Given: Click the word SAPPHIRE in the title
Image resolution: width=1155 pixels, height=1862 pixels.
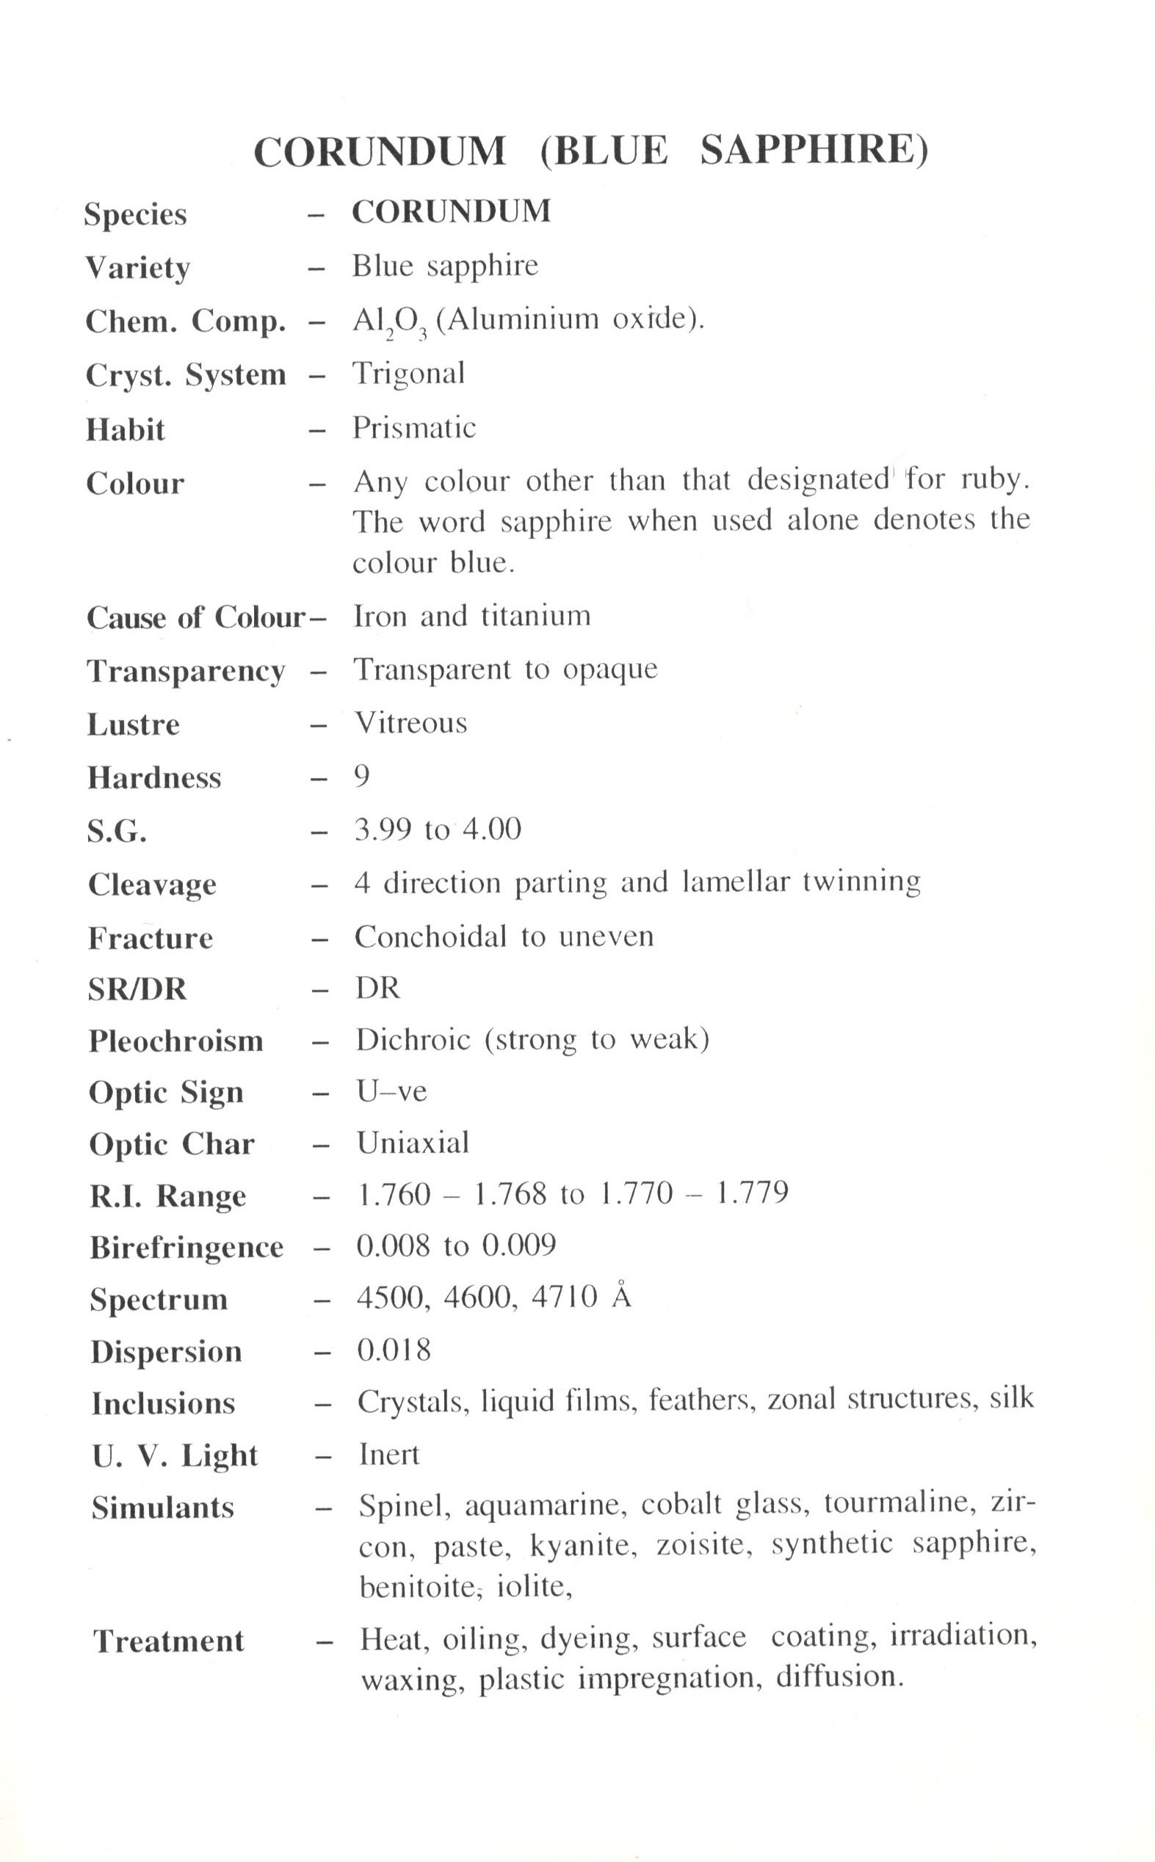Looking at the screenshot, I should pos(814,150).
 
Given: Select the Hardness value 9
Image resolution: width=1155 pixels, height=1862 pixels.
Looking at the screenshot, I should pos(362,776).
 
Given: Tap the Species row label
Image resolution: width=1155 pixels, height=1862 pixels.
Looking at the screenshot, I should pos(135,214).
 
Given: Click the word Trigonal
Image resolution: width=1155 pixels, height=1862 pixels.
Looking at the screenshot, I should pos(408,374).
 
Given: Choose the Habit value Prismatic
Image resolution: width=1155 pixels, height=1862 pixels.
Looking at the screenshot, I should pos(414,428).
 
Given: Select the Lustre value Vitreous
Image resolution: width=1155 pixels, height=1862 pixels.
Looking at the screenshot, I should pos(411,722).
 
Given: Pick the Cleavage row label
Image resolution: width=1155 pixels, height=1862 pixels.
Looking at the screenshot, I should pos(152,884).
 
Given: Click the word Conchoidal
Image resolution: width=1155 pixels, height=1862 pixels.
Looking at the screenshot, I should pos(430,937).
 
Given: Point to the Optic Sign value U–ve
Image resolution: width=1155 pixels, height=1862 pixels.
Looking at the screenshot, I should pos(392,1091).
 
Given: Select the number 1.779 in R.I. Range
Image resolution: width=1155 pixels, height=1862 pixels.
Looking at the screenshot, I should pos(753,1193).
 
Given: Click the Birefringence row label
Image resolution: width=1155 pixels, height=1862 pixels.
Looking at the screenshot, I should pos(187,1248).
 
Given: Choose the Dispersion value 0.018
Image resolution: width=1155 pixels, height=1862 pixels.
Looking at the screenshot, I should pos(394,1350).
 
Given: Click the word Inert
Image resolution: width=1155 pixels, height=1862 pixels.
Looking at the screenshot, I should pos(390,1455).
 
